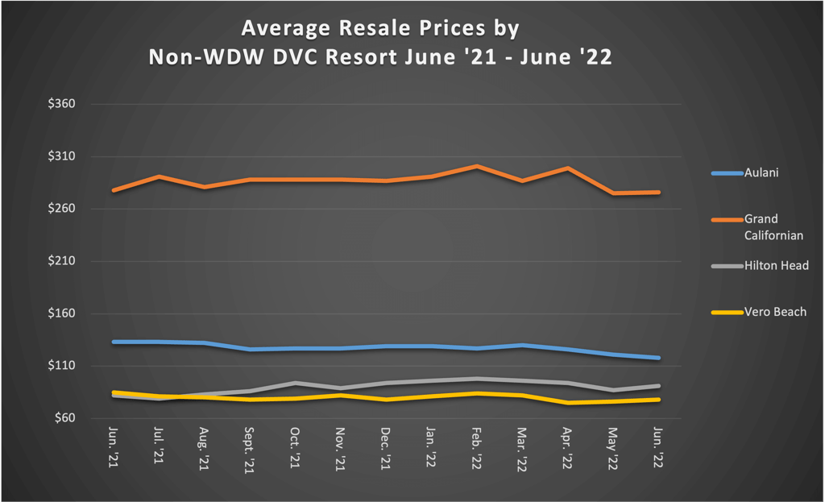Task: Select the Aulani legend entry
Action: click(x=761, y=172)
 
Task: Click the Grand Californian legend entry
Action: click(x=773, y=226)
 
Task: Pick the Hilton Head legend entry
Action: click(x=776, y=265)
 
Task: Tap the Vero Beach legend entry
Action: click(x=774, y=312)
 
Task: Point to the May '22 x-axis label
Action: click(x=613, y=448)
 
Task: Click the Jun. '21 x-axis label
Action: click(x=114, y=448)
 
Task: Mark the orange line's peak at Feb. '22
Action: click(x=477, y=166)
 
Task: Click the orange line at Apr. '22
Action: click(x=568, y=168)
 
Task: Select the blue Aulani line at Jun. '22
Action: click(x=659, y=358)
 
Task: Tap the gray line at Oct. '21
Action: click(x=296, y=383)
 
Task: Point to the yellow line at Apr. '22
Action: click(x=568, y=403)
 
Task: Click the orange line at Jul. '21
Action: click(x=159, y=176)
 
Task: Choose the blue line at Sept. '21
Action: click(x=250, y=350)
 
